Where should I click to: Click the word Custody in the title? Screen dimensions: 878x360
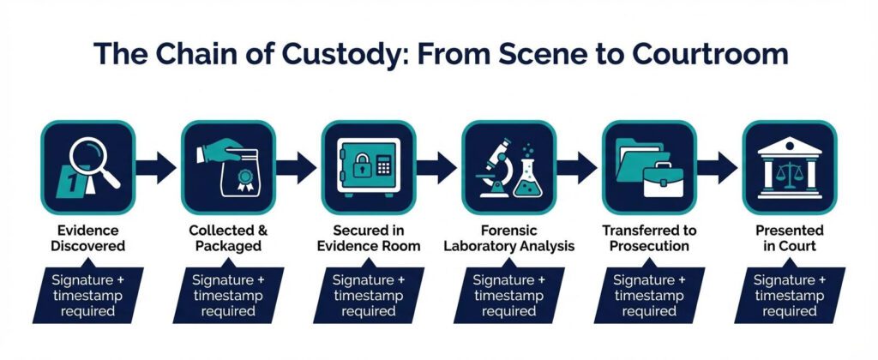(x=335, y=54)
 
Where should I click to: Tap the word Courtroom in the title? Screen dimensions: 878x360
(x=710, y=54)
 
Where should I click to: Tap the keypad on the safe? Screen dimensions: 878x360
(x=383, y=165)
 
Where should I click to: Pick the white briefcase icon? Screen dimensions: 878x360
(x=663, y=179)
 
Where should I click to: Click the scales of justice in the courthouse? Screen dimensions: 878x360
(x=790, y=174)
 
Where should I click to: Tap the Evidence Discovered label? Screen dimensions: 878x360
(x=88, y=238)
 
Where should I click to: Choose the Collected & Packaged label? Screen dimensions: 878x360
(x=228, y=238)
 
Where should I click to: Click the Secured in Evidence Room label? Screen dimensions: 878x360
(x=369, y=238)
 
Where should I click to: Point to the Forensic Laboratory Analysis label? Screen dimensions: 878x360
(x=509, y=238)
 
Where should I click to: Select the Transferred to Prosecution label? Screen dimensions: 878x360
(x=650, y=238)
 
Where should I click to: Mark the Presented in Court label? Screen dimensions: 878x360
(x=790, y=238)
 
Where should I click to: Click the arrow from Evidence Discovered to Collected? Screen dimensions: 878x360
(x=156, y=167)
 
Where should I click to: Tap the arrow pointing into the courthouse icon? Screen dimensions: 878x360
(x=718, y=167)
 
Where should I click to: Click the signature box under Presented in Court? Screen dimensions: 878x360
(x=789, y=295)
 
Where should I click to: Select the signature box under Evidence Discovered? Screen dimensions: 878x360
(x=88, y=295)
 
